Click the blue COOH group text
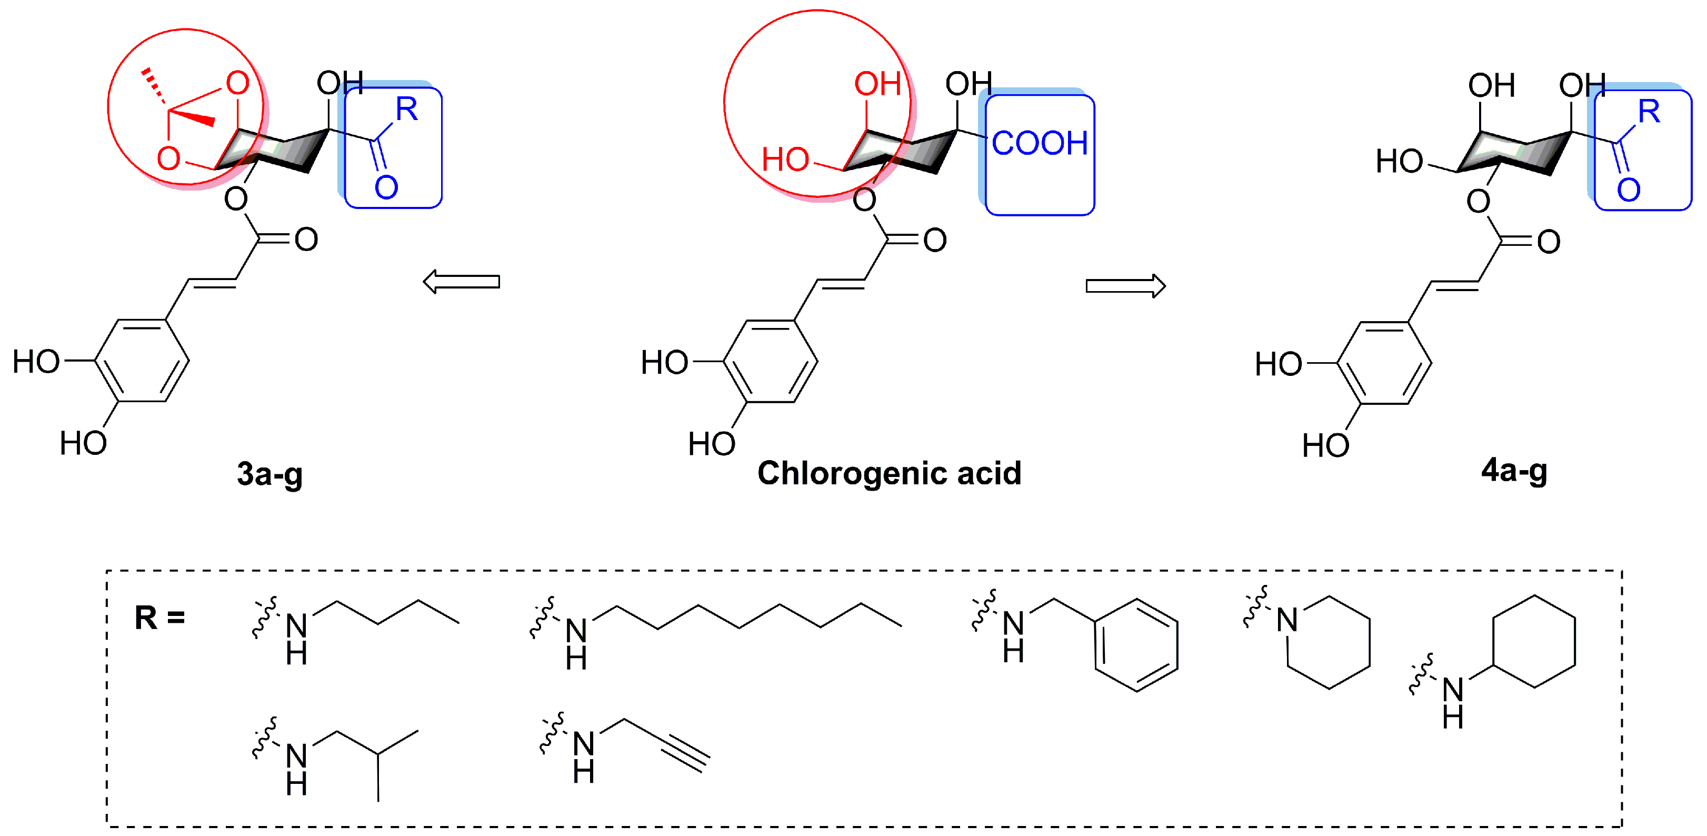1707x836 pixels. pyautogui.click(x=1039, y=144)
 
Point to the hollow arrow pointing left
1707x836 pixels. pyautogui.click(x=461, y=282)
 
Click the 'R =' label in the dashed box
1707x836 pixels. pyautogui.click(x=159, y=618)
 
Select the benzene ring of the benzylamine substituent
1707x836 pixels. pyautogui.click(x=1136, y=645)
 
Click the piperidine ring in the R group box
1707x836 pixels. pyautogui.click(x=1328, y=642)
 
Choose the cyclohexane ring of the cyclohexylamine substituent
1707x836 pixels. pyautogui.click(x=1534, y=641)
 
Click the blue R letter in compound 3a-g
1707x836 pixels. pyautogui.click(x=407, y=110)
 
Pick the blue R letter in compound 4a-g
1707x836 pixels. pyautogui.click(x=1649, y=112)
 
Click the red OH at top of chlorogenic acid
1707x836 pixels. pyautogui.click(x=877, y=84)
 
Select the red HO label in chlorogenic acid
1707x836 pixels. pyautogui.click(x=785, y=160)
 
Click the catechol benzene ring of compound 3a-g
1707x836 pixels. pyautogui.click(x=142, y=361)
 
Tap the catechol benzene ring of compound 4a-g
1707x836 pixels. pyautogui.click(x=1384, y=363)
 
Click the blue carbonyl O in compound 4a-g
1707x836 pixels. pyautogui.click(x=1629, y=190)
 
